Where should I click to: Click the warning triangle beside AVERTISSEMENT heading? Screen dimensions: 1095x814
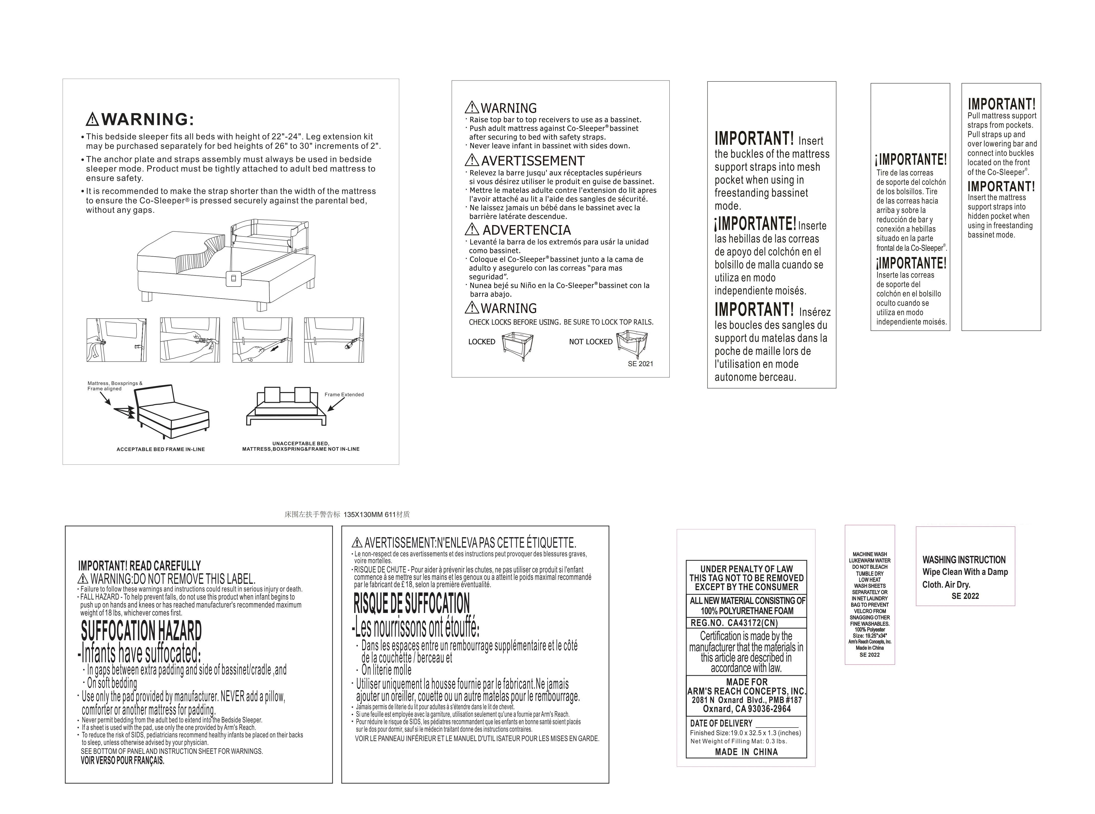pos(472,160)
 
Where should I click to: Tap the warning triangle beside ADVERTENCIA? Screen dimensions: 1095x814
pos(472,229)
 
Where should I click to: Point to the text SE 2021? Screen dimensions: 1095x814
pos(640,364)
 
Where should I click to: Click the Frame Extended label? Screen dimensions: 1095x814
pos(344,394)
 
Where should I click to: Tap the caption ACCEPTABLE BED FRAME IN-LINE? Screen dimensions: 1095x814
pos(161,449)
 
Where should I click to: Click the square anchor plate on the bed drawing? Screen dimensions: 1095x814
pos(233,278)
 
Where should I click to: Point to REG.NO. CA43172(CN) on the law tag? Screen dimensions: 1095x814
pos(734,623)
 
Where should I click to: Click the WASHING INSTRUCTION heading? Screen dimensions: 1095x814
pos(964,560)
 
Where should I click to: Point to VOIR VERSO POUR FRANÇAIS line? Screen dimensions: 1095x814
pos(123,760)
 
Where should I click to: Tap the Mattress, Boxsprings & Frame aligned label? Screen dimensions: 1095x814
pos(115,386)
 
